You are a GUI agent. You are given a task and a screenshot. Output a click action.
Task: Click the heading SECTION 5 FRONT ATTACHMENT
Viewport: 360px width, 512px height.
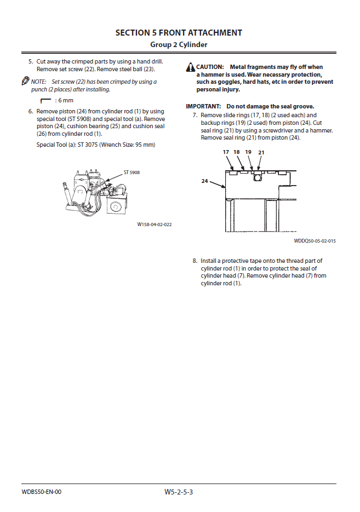pyautogui.click(x=179, y=33)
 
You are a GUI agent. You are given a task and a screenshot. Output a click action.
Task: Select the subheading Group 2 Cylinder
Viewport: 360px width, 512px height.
pyautogui.click(x=179, y=44)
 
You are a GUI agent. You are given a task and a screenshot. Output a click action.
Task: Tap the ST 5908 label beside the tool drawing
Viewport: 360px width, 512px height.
pyautogui.click(x=132, y=172)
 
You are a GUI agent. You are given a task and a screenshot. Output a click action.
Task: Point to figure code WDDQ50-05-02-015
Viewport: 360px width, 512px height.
pyautogui.click(x=315, y=240)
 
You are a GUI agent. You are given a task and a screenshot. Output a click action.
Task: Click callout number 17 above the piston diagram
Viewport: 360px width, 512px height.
pyautogui.click(x=226, y=152)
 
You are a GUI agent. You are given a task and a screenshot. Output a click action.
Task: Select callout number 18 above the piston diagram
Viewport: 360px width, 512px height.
pyautogui.click(x=237, y=152)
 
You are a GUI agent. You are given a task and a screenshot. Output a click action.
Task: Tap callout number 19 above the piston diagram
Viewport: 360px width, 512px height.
pyautogui.click(x=248, y=152)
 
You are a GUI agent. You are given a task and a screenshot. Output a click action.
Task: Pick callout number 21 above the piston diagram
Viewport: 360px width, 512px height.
pyautogui.click(x=261, y=152)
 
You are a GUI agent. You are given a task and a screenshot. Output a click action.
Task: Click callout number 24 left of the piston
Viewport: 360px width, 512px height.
pyautogui.click(x=204, y=181)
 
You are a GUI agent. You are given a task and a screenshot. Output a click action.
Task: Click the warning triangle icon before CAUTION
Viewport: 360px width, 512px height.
pyautogui.click(x=191, y=67)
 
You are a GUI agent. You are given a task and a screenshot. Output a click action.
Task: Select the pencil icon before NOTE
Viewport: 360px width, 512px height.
pyautogui.click(x=25, y=81)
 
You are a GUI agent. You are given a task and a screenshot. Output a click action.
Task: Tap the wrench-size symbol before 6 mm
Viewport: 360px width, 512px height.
pyautogui.click(x=45, y=101)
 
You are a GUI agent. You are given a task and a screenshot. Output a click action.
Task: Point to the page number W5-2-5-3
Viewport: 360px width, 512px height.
pyautogui.click(x=179, y=492)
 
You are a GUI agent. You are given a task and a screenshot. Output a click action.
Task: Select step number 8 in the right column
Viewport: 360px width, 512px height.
pyautogui.click(x=195, y=261)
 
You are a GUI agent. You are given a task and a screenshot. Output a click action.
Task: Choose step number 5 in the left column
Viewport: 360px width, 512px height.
pyautogui.click(x=31, y=62)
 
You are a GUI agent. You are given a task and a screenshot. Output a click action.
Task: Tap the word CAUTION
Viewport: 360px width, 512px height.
pyautogui.click(x=210, y=67)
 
